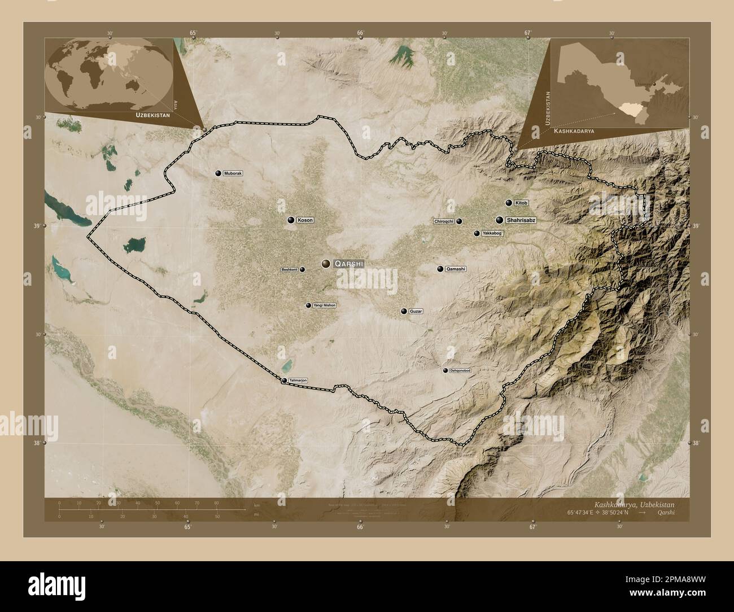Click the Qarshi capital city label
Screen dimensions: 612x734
pos(349,264)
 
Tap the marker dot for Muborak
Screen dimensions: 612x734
pos(218,173)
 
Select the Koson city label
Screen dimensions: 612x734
pos(305,220)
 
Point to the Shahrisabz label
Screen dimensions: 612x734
pos(521,220)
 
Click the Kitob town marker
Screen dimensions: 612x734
pos(509,203)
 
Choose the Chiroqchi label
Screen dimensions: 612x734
pos(444,221)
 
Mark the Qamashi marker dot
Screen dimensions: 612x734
pos(440,269)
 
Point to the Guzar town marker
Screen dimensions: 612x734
pos(404,311)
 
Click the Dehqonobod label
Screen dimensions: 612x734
pos(460,370)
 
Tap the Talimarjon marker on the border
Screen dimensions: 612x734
pos(284,381)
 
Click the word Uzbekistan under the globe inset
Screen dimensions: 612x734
pos(152,115)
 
